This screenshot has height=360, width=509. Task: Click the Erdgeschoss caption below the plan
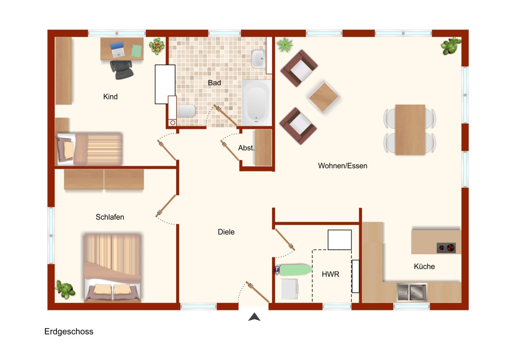[x=69, y=331]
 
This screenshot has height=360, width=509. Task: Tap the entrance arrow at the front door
[x=254, y=317]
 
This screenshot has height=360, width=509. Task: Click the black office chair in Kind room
[x=122, y=69]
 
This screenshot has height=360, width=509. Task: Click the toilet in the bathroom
[x=186, y=111]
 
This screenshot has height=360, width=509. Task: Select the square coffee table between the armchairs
[x=323, y=96]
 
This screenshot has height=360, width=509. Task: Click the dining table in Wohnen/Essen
[x=410, y=129]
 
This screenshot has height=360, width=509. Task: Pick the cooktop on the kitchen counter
[x=446, y=247]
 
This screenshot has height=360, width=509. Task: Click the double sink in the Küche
[x=412, y=292]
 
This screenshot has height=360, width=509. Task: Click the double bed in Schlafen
[x=113, y=267]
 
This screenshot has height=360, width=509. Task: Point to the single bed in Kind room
[x=90, y=149]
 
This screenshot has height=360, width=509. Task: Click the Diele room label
[x=226, y=232]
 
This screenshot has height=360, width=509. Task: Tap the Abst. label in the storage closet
[x=246, y=148]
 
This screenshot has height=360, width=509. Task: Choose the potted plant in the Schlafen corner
[x=65, y=289]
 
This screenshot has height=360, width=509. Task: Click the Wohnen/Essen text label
[x=342, y=166]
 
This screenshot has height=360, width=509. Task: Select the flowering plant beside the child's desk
[x=157, y=46]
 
